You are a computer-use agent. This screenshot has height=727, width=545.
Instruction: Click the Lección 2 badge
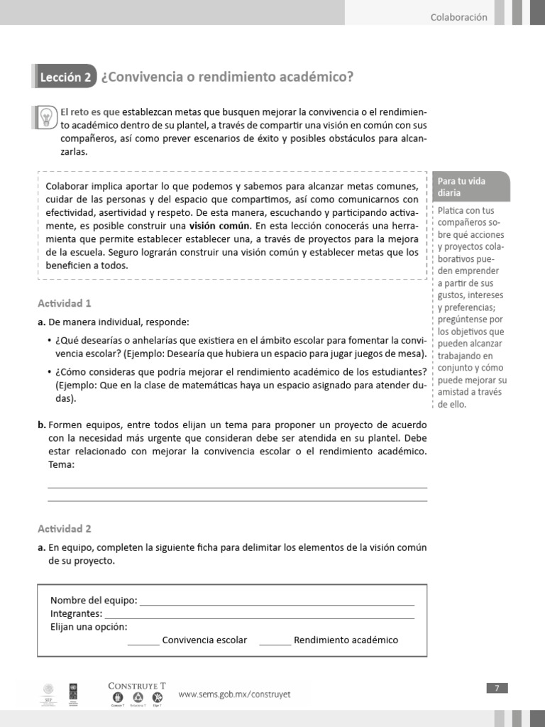click(65, 77)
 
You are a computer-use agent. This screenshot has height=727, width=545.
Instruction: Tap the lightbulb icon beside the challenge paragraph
click(46, 115)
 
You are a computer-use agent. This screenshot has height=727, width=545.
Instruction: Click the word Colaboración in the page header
click(458, 17)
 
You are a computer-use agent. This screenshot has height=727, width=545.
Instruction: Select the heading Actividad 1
click(65, 303)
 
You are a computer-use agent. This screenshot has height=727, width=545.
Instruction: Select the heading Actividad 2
click(65, 529)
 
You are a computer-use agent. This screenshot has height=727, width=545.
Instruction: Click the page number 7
click(497, 687)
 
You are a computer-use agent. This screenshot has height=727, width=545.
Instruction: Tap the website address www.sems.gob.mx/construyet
click(234, 694)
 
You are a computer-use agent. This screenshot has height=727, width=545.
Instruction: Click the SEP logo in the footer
click(48, 694)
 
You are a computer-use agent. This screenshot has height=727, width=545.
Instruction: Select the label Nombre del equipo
click(94, 599)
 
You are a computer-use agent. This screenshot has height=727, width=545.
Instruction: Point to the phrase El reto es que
click(90, 112)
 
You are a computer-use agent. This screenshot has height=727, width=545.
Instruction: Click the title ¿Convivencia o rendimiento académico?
click(227, 77)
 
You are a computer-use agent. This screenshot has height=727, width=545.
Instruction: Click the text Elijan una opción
click(89, 627)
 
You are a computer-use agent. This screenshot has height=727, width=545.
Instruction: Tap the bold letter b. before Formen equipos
click(41, 425)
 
